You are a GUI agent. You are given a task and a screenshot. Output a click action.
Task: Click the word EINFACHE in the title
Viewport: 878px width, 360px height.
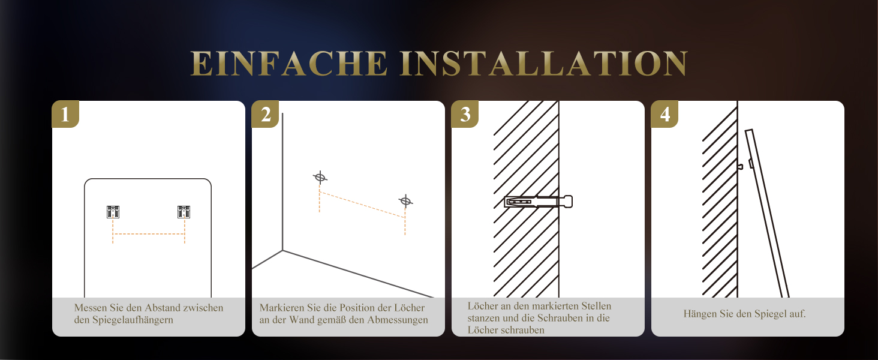point(289,63)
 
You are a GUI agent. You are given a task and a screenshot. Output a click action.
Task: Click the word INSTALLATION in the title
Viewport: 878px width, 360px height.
point(544,63)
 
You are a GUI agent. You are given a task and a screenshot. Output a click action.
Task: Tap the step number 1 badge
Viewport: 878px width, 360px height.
point(65,114)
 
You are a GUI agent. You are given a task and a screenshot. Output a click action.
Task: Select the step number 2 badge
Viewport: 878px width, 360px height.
point(265,114)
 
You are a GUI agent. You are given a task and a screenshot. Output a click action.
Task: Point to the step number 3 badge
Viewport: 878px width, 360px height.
point(465,114)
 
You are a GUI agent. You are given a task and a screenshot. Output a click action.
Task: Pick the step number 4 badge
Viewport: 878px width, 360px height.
point(664,114)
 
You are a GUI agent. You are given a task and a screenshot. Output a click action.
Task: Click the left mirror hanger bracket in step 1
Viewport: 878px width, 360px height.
point(113,212)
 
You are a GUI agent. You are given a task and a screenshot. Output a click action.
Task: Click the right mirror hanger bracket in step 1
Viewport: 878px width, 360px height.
point(184,212)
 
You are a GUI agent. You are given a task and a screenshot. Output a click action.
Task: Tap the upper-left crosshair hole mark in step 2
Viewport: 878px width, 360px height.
point(320,177)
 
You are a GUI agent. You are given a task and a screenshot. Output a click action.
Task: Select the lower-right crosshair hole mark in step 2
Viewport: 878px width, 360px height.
point(405,201)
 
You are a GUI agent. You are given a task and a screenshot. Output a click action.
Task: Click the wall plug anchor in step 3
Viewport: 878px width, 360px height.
point(534,202)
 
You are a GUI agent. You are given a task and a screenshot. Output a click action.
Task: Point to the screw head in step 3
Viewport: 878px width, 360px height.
point(568,202)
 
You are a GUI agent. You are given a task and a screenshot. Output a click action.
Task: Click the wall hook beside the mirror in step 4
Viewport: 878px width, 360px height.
point(740,166)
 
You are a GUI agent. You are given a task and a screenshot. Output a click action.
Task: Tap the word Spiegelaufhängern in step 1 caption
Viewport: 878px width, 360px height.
point(133,320)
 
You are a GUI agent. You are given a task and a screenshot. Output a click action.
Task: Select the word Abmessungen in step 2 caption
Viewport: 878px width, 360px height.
point(397,320)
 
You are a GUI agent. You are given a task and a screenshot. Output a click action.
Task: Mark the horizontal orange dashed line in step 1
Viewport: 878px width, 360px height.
point(149,234)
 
